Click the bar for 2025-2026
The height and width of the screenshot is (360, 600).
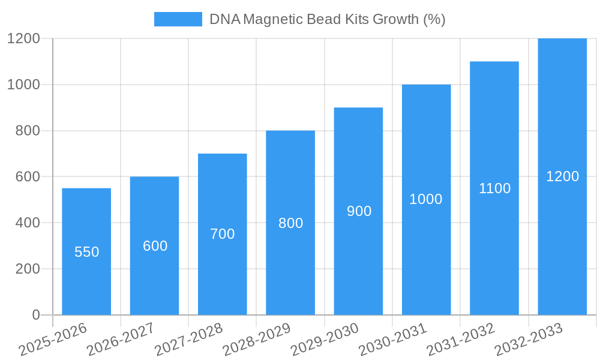[x=86, y=282]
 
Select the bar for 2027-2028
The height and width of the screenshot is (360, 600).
[x=222, y=276]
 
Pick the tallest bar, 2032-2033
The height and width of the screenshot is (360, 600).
[x=562, y=240]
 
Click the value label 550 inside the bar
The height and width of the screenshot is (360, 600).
[x=86, y=252]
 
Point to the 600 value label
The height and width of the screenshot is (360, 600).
[x=155, y=246]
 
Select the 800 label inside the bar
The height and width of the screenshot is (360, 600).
[x=290, y=223]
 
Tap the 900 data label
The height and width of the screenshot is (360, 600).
[x=359, y=211]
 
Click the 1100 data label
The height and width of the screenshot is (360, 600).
[x=494, y=188]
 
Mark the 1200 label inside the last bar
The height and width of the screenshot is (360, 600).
[x=562, y=176]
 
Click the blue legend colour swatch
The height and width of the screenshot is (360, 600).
[x=178, y=19]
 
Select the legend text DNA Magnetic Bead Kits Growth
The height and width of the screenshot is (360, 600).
[x=327, y=19]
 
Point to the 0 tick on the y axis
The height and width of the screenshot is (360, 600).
[x=35, y=315]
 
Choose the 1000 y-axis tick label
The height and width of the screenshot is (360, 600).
[x=23, y=85]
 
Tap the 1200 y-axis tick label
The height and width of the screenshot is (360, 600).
[x=23, y=38]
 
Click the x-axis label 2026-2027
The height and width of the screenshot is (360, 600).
[x=120, y=339]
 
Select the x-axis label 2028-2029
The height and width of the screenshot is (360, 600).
[x=256, y=339]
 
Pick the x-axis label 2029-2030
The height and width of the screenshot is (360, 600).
[x=324, y=339]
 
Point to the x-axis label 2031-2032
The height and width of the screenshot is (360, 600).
[x=460, y=339]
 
